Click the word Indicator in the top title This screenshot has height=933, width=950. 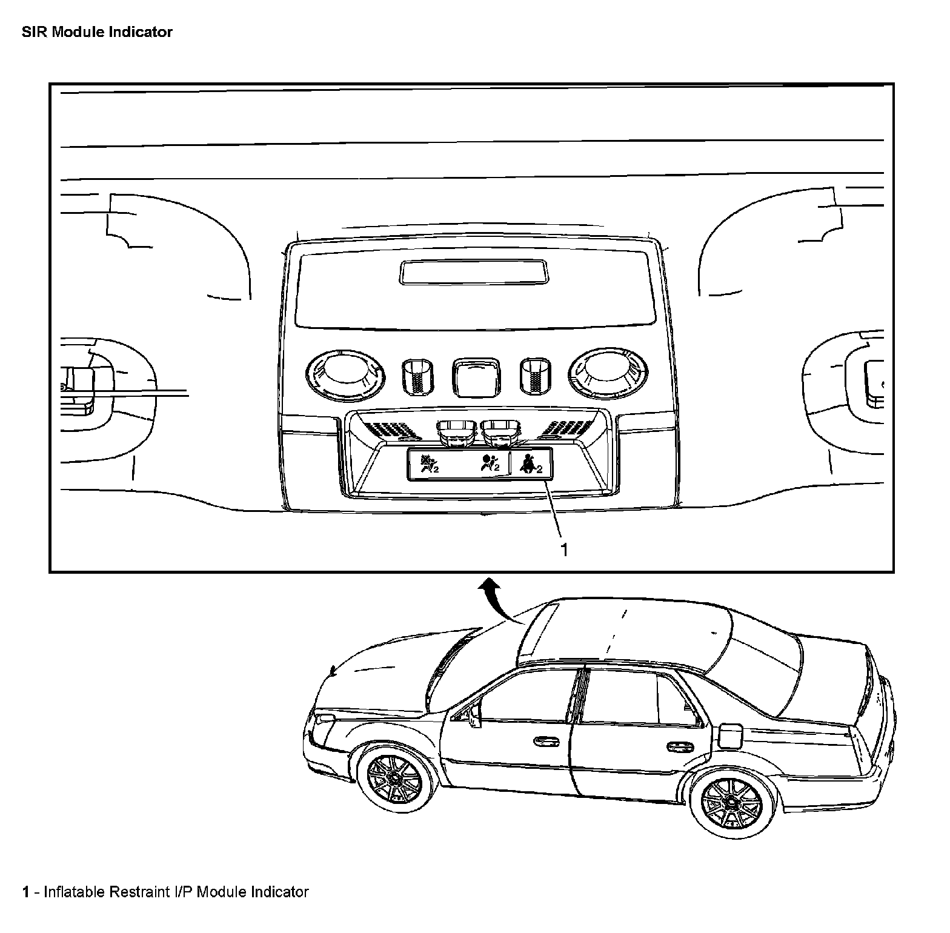pos(141,32)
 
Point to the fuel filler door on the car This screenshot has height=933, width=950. pos(729,735)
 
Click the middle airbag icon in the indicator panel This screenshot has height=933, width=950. pos(489,463)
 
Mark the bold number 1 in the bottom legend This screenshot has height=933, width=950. pos(25,892)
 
